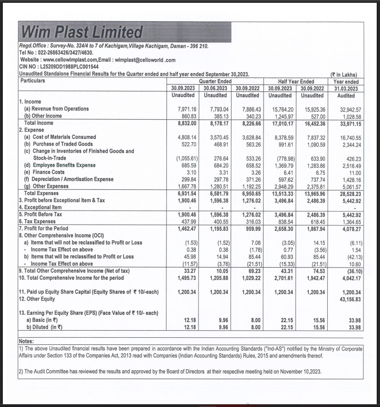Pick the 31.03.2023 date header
tap(346, 88)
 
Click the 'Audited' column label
tap(346, 96)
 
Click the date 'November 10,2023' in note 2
tap(300, 372)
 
